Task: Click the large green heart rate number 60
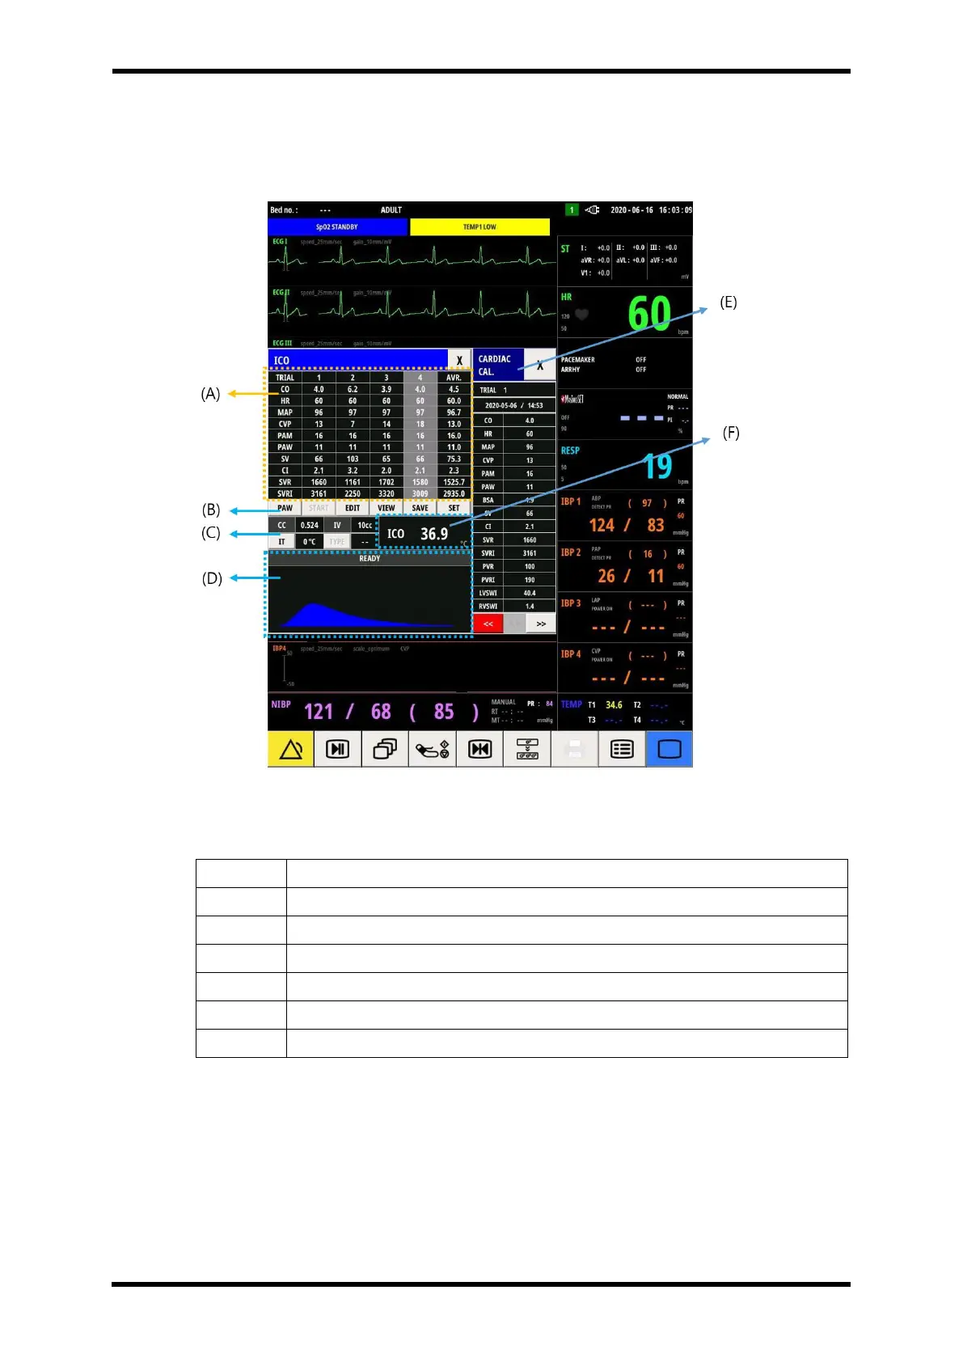(649, 313)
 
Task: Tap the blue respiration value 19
(657, 466)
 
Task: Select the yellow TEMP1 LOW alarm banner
(479, 227)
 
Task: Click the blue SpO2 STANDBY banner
(337, 227)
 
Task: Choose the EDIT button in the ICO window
(353, 508)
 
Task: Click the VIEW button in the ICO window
(386, 508)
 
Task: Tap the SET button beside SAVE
(454, 508)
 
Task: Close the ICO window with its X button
(459, 361)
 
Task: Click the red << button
(488, 624)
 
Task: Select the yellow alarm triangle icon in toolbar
(290, 750)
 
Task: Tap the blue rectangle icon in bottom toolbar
(669, 750)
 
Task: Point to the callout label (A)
(210, 394)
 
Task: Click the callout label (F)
(731, 433)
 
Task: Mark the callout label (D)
(212, 578)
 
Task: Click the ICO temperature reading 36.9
(434, 534)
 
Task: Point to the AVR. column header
(454, 378)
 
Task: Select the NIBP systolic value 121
(319, 712)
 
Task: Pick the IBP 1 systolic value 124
(602, 526)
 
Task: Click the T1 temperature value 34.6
(614, 705)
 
